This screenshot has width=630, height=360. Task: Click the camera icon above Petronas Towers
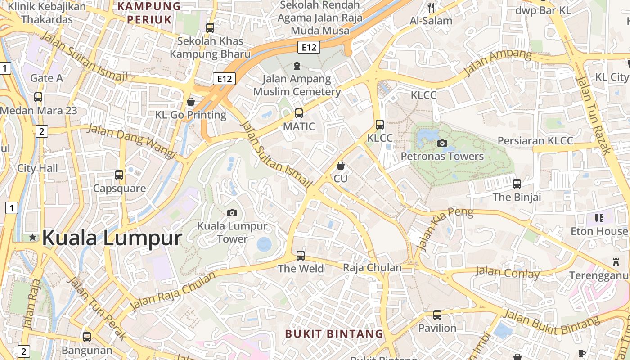[x=442, y=143]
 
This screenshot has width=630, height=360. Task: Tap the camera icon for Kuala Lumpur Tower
[x=232, y=213]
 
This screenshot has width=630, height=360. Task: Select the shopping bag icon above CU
[x=341, y=166]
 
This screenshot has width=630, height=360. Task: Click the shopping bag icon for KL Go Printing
[x=191, y=102]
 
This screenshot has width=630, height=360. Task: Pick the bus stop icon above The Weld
[x=301, y=256]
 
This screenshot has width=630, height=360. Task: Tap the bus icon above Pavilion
[x=437, y=315]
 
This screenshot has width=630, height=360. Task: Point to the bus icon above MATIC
[x=299, y=113]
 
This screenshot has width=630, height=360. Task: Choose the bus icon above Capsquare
[x=119, y=175]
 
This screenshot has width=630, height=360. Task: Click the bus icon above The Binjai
[x=517, y=184]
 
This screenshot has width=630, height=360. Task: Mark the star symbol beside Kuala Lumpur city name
[x=32, y=237]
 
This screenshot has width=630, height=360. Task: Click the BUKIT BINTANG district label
[x=334, y=334]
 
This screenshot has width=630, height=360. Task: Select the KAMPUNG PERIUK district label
[x=149, y=13]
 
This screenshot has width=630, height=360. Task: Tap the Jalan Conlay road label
[x=508, y=273]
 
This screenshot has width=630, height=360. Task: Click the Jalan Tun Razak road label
[x=593, y=115]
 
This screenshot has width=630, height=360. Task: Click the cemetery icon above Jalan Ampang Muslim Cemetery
[x=297, y=66]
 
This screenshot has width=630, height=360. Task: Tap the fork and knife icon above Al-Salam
[x=431, y=7]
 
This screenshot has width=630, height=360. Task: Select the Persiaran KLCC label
[x=535, y=141]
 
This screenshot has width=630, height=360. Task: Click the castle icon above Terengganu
[x=616, y=262]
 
